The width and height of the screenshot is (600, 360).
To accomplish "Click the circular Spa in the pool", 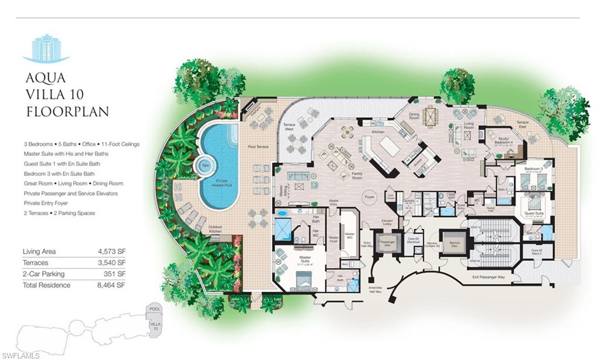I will [x=204, y=166].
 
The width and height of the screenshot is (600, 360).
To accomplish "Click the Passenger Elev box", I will [x=387, y=242].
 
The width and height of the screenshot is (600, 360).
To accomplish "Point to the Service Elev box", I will [x=454, y=243].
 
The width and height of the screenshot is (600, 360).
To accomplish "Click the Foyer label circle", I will [x=369, y=198].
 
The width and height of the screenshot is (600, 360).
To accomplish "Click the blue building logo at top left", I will [x=46, y=49].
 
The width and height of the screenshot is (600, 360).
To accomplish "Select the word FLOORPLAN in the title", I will [x=67, y=111].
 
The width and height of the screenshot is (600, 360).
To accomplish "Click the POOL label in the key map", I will [x=155, y=308].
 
